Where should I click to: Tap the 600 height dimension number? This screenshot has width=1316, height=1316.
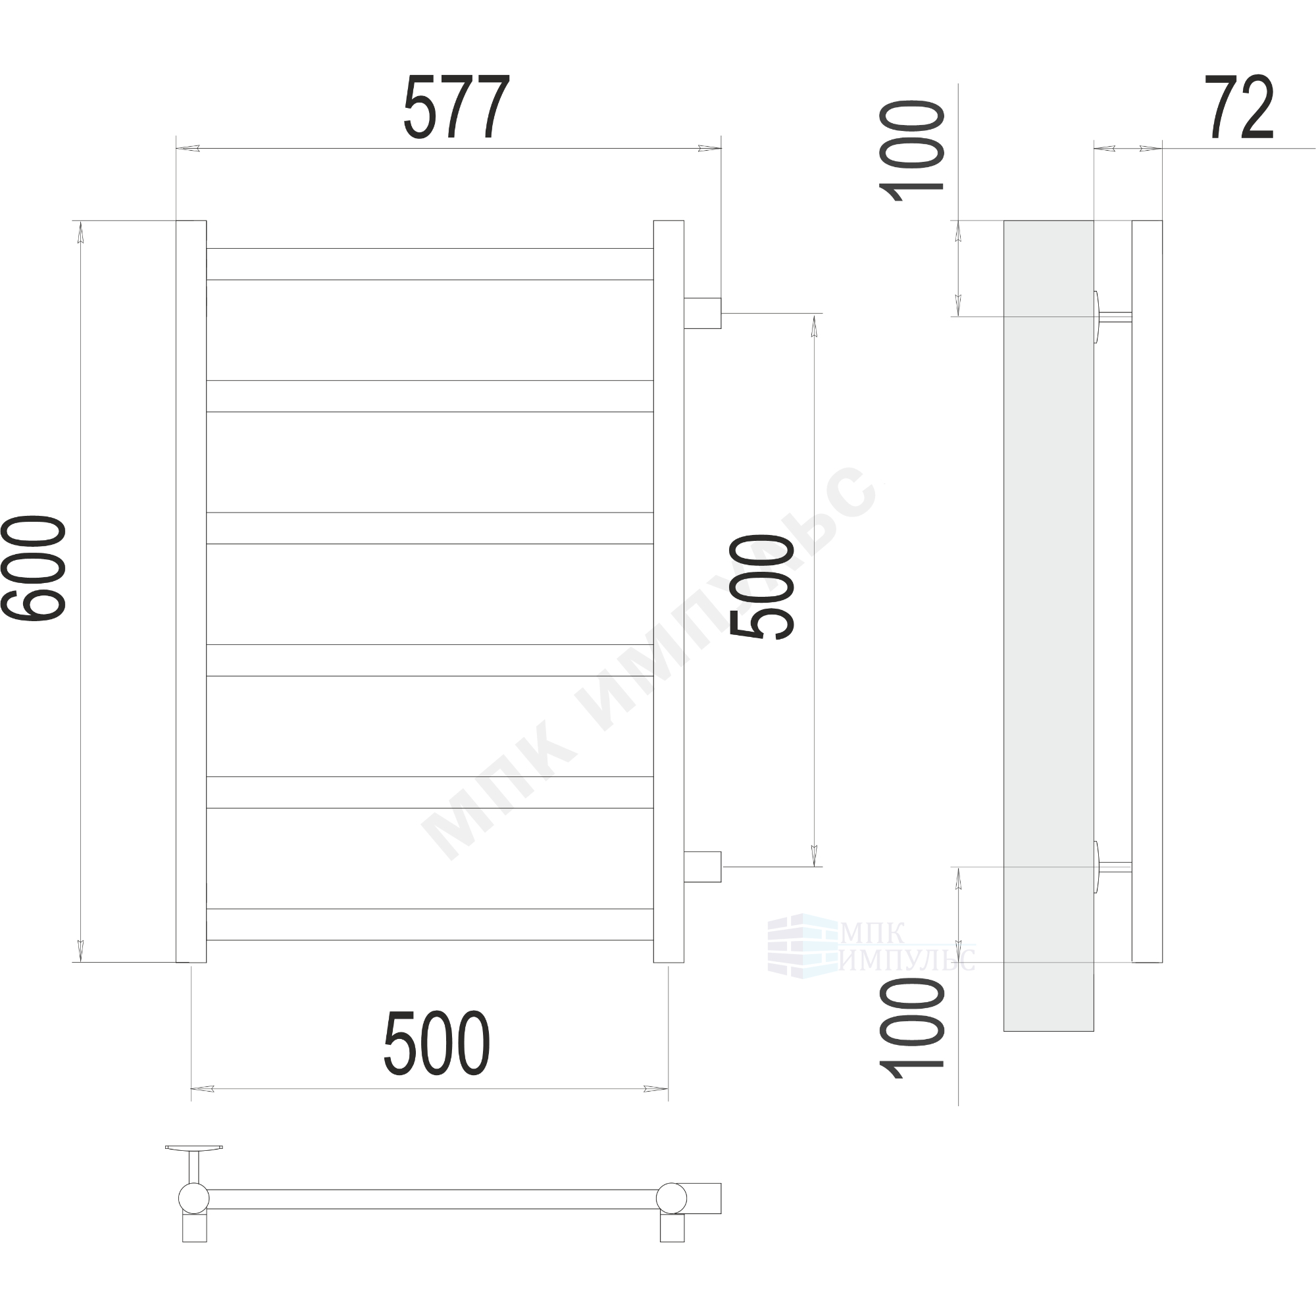pyautogui.click(x=34, y=568)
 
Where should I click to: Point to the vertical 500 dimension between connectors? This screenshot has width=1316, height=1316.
pyautogui.click(x=761, y=587)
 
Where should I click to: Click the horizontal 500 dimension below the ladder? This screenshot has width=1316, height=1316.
pyautogui.click(x=437, y=1043)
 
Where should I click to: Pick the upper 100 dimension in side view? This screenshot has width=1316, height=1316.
pyautogui.click(x=912, y=151)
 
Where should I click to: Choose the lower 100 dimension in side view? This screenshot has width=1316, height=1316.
pyautogui.click(x=912, y=1029)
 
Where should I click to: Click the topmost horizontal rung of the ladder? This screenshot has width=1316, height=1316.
pyautogui.click(x=430, y=264)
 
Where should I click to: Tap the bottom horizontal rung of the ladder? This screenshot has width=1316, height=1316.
pyautogui.click(x=430, y=924)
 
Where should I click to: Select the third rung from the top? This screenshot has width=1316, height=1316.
pyautogui.click(x=430, y=528)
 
